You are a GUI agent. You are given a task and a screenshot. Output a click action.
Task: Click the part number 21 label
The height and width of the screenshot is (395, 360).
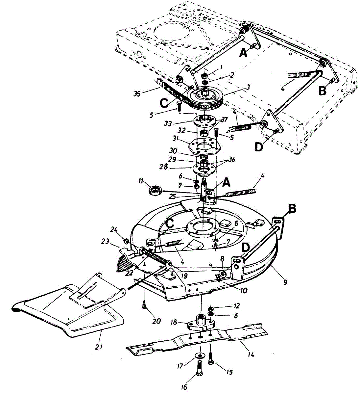[x=99, y=347]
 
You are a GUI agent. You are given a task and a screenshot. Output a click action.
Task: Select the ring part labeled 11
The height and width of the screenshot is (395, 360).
[x=155, y=190]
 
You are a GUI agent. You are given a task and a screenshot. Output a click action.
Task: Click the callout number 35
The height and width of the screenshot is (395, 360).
[x=137, y=93]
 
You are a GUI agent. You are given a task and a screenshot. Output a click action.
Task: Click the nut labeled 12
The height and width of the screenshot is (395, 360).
[x=211, y=308]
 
